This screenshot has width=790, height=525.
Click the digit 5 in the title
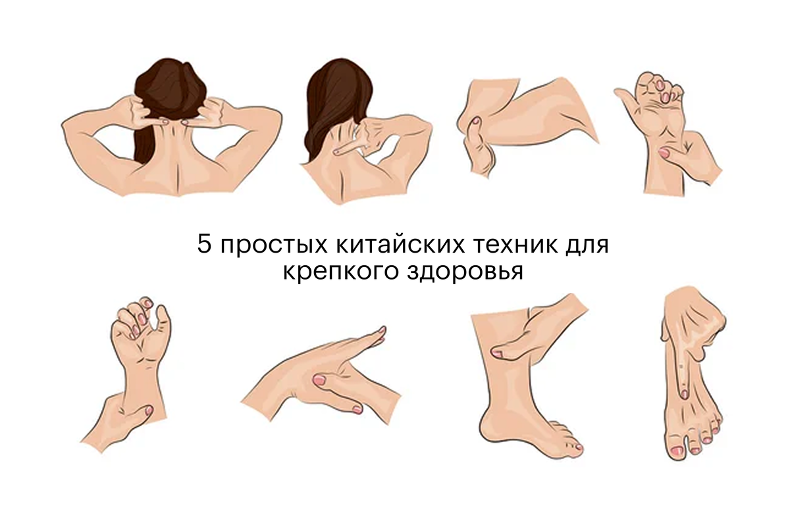204,244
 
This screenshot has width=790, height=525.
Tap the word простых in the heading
274,246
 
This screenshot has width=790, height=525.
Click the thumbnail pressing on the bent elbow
476,121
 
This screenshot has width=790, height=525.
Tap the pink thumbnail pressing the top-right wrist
664,152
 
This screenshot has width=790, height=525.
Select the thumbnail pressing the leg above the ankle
497,353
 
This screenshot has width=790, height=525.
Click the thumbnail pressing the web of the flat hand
320,380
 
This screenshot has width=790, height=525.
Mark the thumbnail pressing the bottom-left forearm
149,410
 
